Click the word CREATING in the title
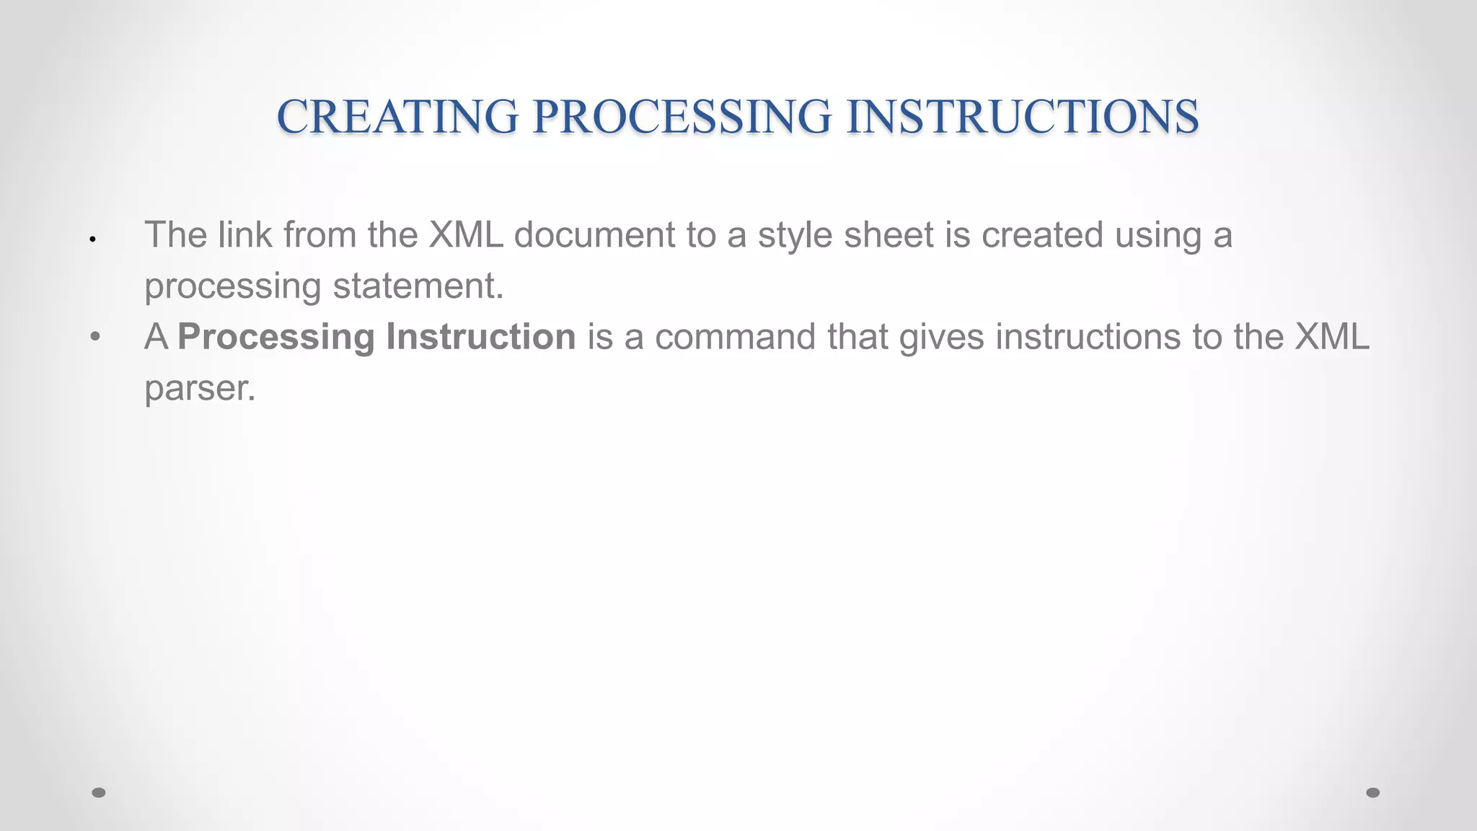pyautogui.click(x=397, y=117)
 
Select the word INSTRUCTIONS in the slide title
pyautogui.click(x=1023, y=117)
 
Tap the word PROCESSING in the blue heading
pyautogui.click(x=682, y=117)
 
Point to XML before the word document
pyautogui.click(x=466, y=234)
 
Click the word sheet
pyautogui.click(x=889, y=234)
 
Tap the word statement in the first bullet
pyautogui.click(x=418, y=286)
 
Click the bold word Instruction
pyautogui.click(x=481, y=337)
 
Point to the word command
pyautogui.click(x=735, y=337)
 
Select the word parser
pyautogui.click(x=200, y=390)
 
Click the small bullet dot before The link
pyautogui.click(x=93, y=239)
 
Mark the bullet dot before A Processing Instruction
pyautogui.click(x=95, y=337)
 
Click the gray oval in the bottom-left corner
pyautogui.click(x=99, y=793)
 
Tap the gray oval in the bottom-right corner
pyautogui.click(x=1373, y=793)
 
